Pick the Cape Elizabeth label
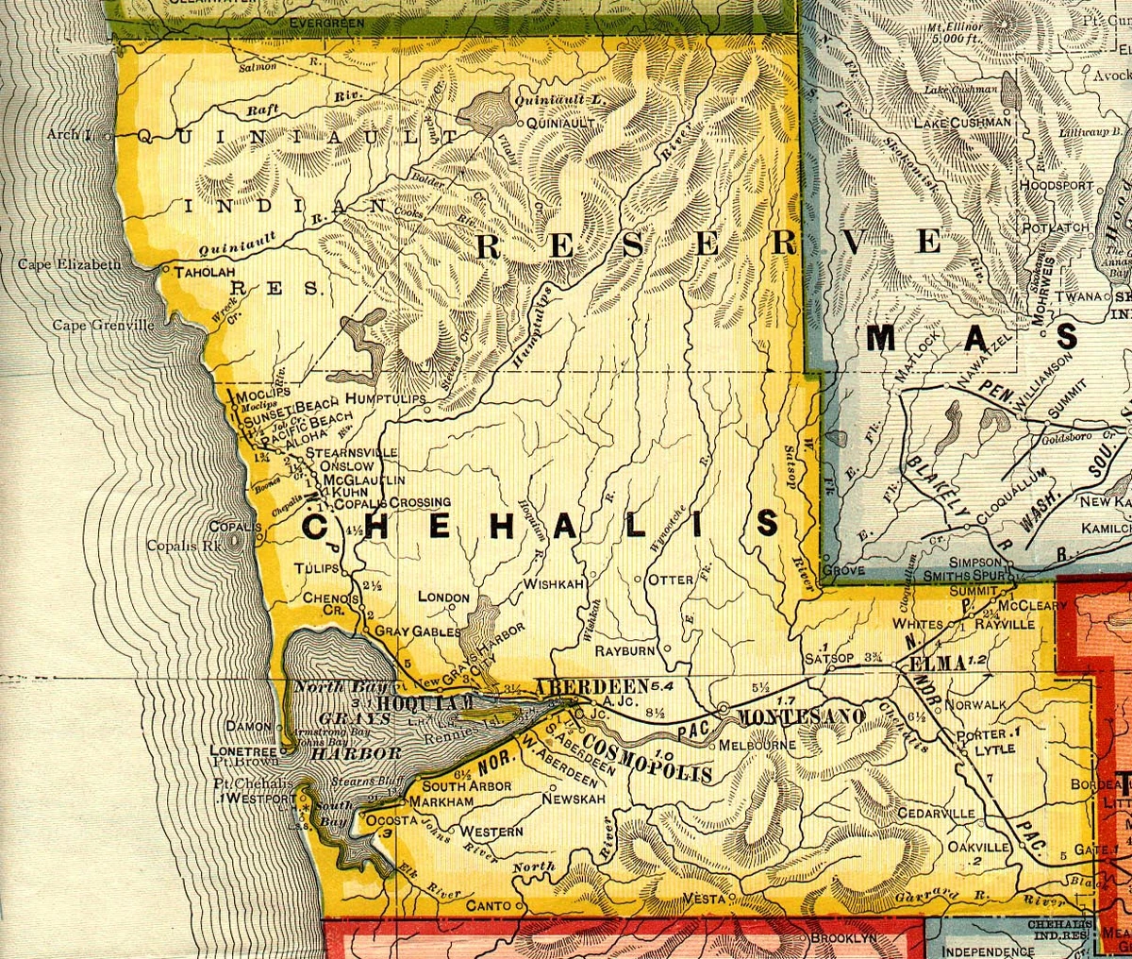69,265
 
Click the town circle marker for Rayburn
666,648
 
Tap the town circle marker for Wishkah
593,574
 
